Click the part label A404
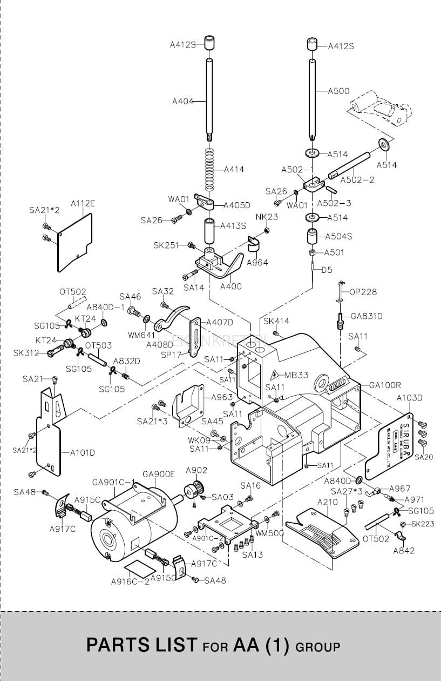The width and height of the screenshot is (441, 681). [x=182, y=101]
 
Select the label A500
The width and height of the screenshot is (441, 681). [x=339, y=91]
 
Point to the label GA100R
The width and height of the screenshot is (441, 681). [x=385, y=385]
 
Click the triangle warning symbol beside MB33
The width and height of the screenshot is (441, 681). [x=274, y=375]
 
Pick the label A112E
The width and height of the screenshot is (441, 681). [x=83, y=204]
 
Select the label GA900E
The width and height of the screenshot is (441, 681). [x=159, y=474]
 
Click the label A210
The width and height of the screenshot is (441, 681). [x=327, y=502]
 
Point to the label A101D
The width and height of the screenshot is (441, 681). [x=82, y=452]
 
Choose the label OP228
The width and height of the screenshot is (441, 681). [x=363, y=292]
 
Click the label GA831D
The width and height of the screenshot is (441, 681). [x=367, y=316]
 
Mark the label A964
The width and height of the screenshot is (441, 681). [x=257, y=263]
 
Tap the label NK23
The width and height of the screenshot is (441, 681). [x=267, y=217]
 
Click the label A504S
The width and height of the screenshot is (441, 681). [x=338, y=236]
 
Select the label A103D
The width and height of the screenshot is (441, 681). [x=409, y=398]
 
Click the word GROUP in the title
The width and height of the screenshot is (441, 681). [x=318, y=646]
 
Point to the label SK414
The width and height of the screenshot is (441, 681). [x=276, y=321]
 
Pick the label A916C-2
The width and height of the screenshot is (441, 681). [x=130, y=582]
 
